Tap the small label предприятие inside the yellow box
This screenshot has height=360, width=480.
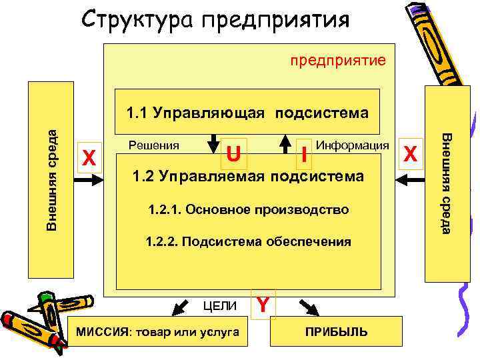pyautogui.click(x=337, y=61)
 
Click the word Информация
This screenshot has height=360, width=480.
pyautogui.click(x=353, y=144)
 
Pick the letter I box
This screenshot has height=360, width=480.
pyautogui.click(x=303, y=157)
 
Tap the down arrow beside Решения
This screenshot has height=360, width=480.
pyautogui.click(x=215, y=143)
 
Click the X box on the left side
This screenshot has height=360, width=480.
pyautogui.click(x=89, y=158)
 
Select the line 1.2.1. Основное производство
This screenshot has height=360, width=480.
pyautogui.click(x=249, y=210)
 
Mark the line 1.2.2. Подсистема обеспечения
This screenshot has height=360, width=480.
pyautogui.click(x=249, y=241)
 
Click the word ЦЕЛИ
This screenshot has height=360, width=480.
pyautogui.click(x=220, y=306)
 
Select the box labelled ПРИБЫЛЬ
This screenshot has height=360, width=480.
pyautogui.click(x=336, y=331)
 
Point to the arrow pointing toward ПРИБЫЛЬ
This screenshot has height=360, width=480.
pyautogui.click(x=308, y=306)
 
